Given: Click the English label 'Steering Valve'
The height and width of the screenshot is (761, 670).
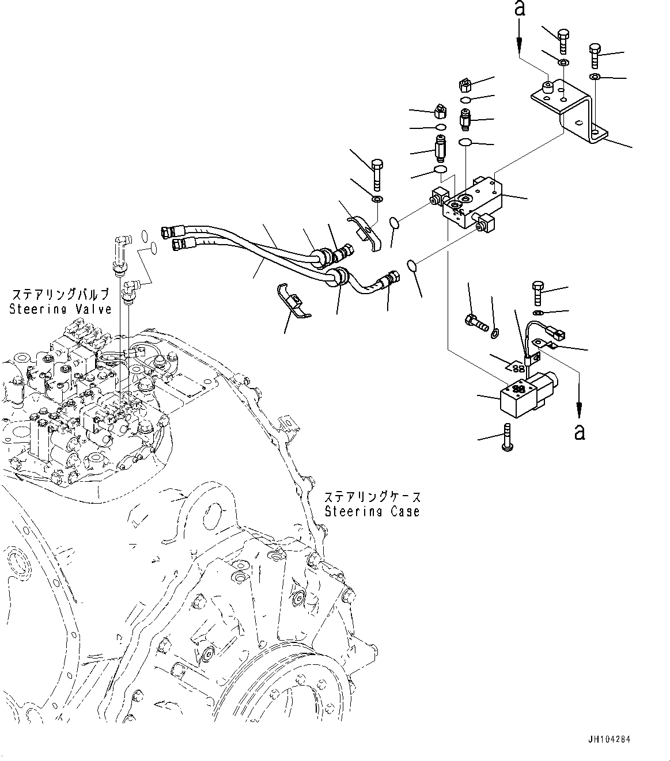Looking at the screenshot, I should (x=60, y=309).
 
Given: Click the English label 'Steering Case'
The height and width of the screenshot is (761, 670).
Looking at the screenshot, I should (x=372, y=511).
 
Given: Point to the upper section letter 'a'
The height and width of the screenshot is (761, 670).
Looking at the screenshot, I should (x=520, y=9).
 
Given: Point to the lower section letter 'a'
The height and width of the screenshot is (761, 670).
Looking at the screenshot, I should (x=579, y=431).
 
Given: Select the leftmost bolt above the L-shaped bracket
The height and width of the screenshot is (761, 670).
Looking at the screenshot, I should (x=563, y=36).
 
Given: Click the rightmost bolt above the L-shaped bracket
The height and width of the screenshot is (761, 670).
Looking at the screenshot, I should (x=595, y=55).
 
